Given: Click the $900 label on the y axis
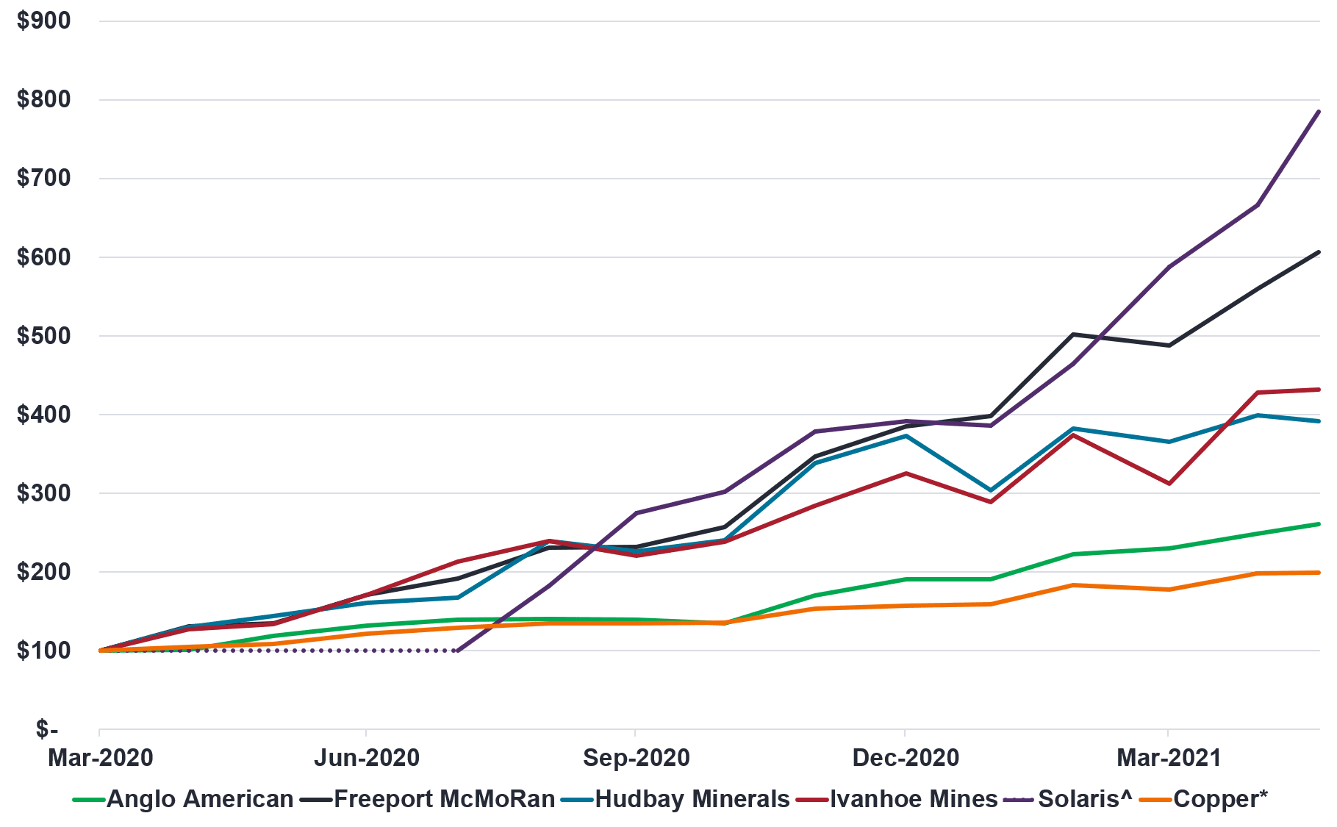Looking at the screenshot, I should pos(44,21).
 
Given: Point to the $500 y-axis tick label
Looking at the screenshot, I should pos(44,336).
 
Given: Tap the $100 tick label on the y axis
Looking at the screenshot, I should pos(44,651).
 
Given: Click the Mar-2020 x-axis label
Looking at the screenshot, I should pos(101,757).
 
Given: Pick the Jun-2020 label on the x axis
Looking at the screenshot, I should pos(367,757).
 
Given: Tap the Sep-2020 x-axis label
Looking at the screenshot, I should pos(636,757).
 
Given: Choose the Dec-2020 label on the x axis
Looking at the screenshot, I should pos(906,757).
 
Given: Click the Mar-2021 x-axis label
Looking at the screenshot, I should pos(1169,757).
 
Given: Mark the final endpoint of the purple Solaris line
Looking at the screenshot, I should pos(1319,112).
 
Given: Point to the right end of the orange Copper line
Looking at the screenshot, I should pos(1319,573).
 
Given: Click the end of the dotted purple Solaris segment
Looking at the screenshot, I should pos(457,651).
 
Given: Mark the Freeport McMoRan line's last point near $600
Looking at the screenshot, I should pos(1319,252).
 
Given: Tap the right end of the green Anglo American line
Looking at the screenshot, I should pos(1319,524).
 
